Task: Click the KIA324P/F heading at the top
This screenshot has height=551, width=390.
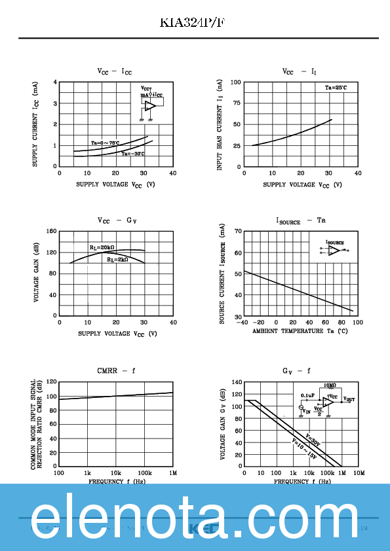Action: click(195, 23)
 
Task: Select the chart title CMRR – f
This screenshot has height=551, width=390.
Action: click(116, 371)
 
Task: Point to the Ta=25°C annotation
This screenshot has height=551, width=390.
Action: click(336, 88)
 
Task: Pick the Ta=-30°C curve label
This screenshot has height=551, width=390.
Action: click(132, 154)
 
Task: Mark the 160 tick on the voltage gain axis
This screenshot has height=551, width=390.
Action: click(50, 231)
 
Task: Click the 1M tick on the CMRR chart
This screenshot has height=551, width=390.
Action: click(173, 472)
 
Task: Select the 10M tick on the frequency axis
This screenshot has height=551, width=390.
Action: click(359, 472)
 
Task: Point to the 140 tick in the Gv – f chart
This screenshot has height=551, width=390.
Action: click(236, 382)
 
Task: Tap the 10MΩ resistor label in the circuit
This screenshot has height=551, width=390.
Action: click(330, 386)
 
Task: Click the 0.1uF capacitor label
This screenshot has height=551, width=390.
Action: click(308, 395)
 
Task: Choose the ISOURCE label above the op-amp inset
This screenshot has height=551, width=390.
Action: click(335, 242)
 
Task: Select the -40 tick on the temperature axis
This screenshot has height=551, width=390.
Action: click(243, 322)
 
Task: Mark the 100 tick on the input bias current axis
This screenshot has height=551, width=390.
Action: click(235, 82)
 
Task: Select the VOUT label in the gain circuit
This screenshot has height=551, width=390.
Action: click(349, 399)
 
